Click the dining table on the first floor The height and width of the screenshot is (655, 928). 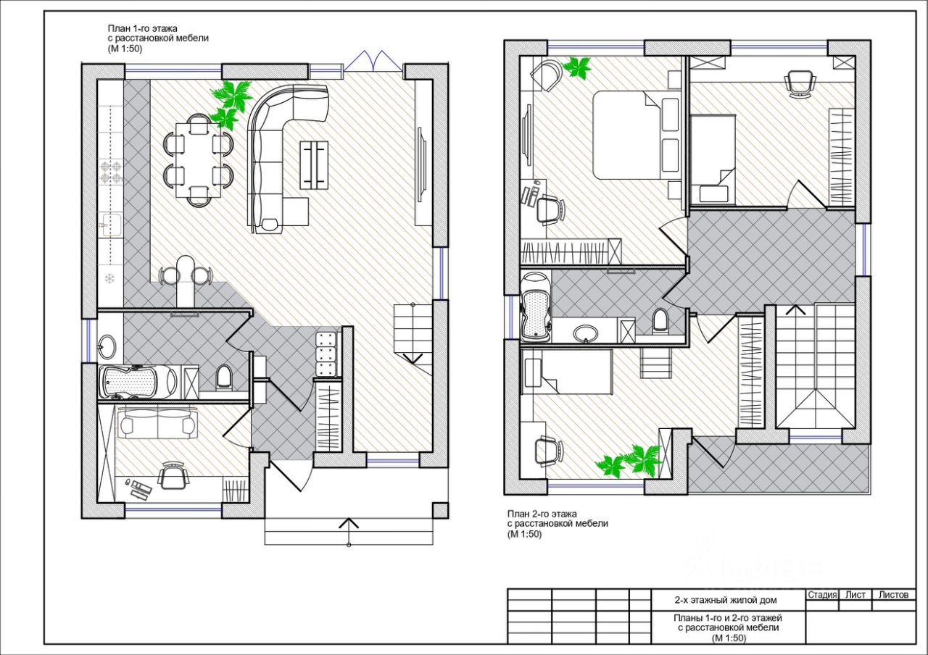199,160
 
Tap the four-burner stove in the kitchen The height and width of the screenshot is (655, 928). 112,172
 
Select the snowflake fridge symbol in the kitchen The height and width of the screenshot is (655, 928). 109,279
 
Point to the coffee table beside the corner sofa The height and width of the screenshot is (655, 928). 314,165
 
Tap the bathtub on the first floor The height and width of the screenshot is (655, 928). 138,382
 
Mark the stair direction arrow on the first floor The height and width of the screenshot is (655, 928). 413,359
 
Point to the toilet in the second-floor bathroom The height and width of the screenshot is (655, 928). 660,321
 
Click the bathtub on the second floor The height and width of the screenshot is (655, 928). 536,306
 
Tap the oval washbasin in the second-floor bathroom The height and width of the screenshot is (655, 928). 586,333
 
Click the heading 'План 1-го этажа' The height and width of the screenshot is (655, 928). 143,28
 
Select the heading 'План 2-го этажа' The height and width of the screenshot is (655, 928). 542,514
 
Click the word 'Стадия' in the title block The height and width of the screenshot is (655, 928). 822,595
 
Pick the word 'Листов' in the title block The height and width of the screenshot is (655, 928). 894,595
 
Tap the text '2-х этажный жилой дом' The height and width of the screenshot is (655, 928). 726,600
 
